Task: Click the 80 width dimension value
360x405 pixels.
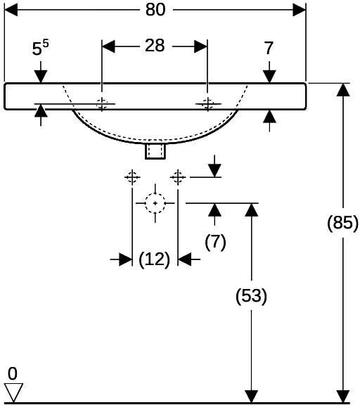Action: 155,10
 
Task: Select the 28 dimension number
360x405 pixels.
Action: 155,46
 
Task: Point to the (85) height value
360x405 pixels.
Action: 342,222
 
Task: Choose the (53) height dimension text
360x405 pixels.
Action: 251,295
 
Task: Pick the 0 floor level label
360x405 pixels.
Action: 13,373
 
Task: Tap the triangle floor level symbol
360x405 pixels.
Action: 13,392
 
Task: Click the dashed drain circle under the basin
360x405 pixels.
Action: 155,203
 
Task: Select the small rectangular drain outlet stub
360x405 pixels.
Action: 155,151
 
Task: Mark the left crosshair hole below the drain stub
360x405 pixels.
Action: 132,177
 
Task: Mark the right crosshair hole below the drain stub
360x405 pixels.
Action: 178,177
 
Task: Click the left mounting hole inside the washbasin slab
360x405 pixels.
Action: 102,104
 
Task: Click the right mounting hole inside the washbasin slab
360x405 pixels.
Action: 207,104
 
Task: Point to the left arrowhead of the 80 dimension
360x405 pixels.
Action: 11,10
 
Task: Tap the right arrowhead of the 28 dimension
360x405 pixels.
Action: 201,46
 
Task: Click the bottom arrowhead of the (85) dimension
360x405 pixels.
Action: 343,397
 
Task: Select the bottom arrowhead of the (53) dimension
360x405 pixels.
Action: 251,397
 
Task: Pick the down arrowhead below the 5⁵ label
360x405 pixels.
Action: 41,77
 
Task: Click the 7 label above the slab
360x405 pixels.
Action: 269,48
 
